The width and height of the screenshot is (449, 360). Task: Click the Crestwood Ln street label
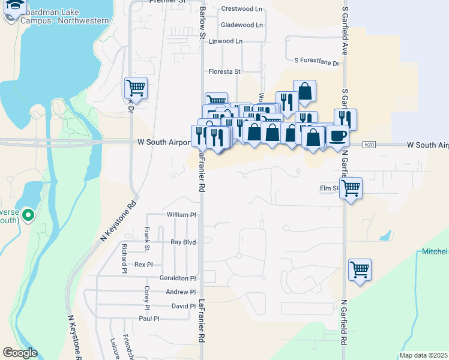point(242,9)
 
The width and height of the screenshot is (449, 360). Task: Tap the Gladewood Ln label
point(242,25)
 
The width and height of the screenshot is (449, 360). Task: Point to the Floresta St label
point(224,71)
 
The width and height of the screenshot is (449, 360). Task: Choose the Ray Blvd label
point(184,242)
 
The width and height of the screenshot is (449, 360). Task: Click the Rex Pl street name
point(143,265)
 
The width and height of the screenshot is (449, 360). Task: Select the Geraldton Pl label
point(178,278)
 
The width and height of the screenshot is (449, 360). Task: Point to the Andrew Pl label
point(181,292)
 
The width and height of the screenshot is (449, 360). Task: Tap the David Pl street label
point(184,306)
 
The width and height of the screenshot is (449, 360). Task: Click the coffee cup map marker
point(338,136)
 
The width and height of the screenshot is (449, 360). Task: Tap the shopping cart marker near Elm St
point(351,188)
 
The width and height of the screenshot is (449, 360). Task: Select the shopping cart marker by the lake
point(136,88)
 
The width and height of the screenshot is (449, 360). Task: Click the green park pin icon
point(28,214)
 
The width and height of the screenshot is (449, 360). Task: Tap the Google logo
point(19,353)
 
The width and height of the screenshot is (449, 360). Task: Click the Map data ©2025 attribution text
point(424,355)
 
